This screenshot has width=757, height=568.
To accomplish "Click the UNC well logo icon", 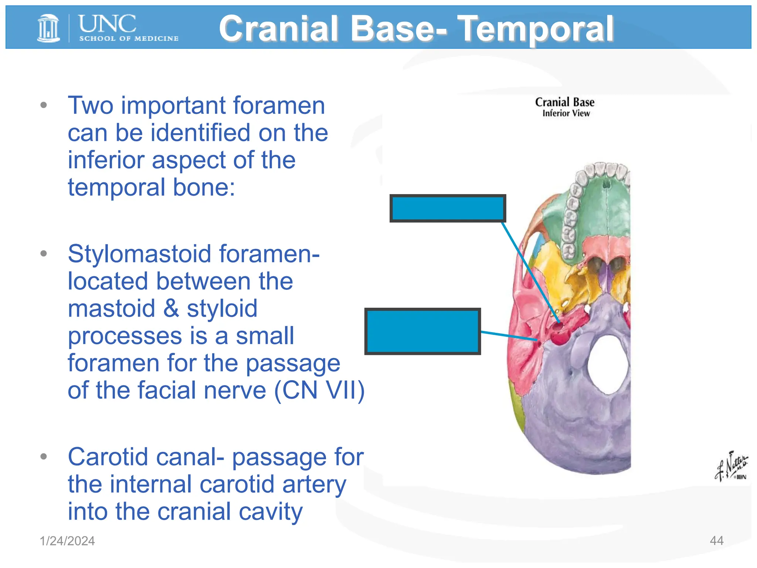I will point(48,28).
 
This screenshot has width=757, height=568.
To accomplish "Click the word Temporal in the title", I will point(536,28).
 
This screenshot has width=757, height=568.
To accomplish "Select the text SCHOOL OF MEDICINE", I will point(129,38).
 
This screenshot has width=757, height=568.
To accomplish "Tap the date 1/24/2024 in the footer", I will point(67,541).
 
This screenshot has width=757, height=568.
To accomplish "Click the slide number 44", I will point(716,541).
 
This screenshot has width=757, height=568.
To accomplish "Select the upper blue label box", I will point(448,208).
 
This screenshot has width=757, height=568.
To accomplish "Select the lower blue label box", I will point(422,331).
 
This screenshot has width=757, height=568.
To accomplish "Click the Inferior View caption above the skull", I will point(566,114).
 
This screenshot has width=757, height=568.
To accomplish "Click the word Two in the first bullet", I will point(91,106).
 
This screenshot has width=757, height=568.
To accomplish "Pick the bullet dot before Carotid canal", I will point(44,456).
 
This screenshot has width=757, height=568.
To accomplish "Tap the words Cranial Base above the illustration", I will point(564,102).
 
